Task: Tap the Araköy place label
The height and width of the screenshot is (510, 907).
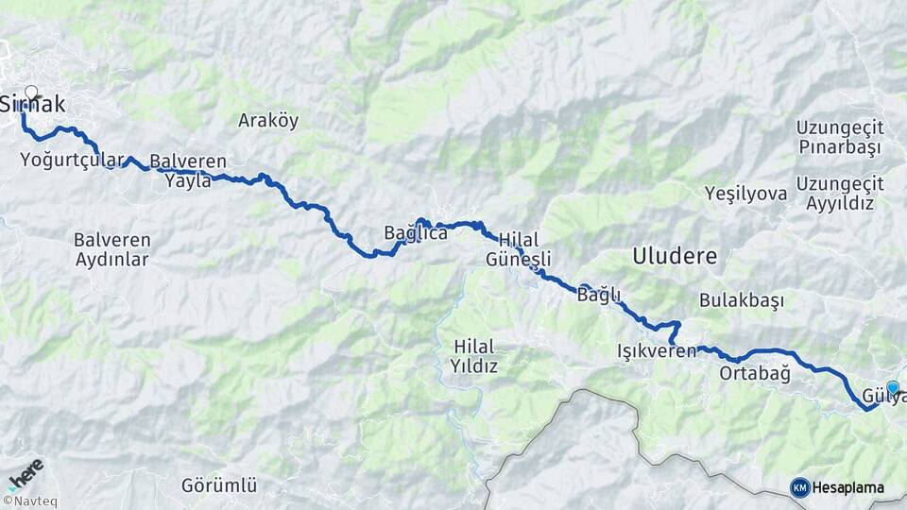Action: [x=268, y=120]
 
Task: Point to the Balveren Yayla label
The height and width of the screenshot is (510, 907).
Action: [x=187, y=170]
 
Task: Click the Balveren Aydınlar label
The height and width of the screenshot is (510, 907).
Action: [x=112, y=249]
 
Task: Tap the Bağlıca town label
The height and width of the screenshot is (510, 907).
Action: [x=415, y=232]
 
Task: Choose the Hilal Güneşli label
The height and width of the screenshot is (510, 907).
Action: [x=517, y=249]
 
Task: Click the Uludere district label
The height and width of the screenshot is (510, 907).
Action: [x=675, y=255]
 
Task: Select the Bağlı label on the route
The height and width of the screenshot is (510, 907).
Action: [x=598, y=296]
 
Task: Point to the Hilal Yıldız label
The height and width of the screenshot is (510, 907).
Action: [x=473, y=355]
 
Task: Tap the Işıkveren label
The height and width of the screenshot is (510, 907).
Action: [x=656, y=351]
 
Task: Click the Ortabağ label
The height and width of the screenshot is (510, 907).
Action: [x=754, y=373]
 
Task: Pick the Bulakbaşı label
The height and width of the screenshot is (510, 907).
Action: [x=742, y=300]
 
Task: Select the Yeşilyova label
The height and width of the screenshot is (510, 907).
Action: [x=745, y=194]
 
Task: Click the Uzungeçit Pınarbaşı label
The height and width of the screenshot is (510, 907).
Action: [x=839, y=137]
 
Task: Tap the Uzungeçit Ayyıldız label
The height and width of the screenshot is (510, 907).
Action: [x=840, y=193]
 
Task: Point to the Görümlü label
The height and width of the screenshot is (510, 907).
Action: [x=219, y=485]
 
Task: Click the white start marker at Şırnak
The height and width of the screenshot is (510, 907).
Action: [x=31, y=93]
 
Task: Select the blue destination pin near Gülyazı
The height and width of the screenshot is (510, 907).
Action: [x=892, y=387]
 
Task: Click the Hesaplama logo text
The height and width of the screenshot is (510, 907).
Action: [x=847, y=487]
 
